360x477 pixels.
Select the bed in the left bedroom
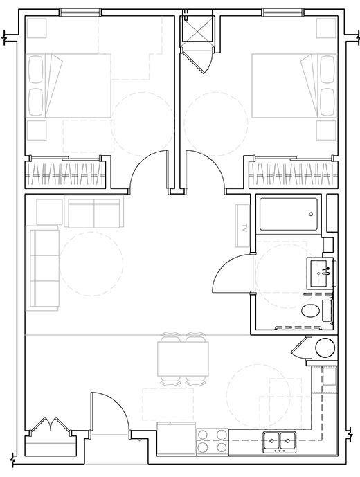point(69,87)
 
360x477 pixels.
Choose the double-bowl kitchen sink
point(280,439)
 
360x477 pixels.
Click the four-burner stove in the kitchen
point(213,441)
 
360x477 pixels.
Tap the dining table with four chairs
point(183,359)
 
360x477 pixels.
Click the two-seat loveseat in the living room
point(93,213)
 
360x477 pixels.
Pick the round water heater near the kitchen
point(323,348)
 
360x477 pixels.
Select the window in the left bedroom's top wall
point(80,12)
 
